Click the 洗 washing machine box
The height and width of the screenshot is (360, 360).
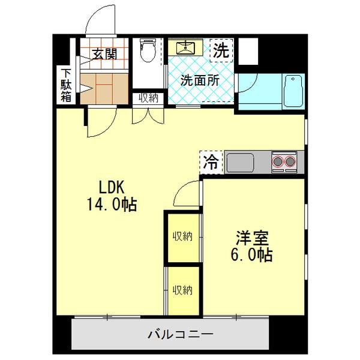[x=221, y=50]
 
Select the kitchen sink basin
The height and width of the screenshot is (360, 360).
[x=239, y=161]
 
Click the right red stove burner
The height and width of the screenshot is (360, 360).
[x=291, y=161]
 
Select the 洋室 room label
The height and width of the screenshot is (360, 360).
[x=251, y=238]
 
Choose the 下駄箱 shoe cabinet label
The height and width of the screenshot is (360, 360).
[x=65, y=85]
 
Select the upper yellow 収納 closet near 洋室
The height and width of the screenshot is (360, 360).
[x=183, y=236]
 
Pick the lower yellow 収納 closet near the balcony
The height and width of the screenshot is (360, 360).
[x=183, y=290]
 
